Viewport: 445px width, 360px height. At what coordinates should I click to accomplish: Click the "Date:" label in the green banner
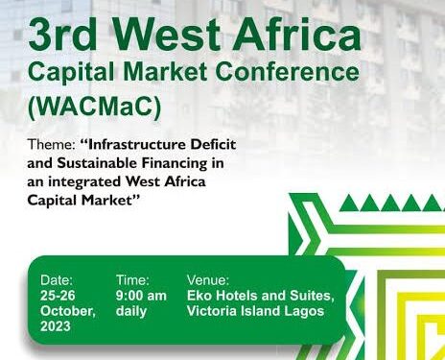tap(57, 279)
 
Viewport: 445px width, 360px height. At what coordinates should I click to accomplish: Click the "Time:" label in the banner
tap(132, 279)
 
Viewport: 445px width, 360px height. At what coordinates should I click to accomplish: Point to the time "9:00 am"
tap(141, 296)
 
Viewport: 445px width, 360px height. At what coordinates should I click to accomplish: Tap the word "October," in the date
tap(67, 312)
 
